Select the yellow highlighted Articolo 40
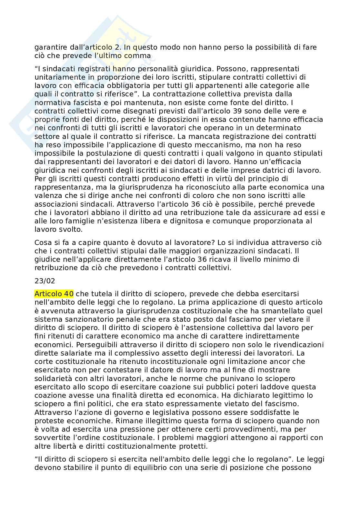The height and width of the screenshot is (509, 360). coord(54,294)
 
